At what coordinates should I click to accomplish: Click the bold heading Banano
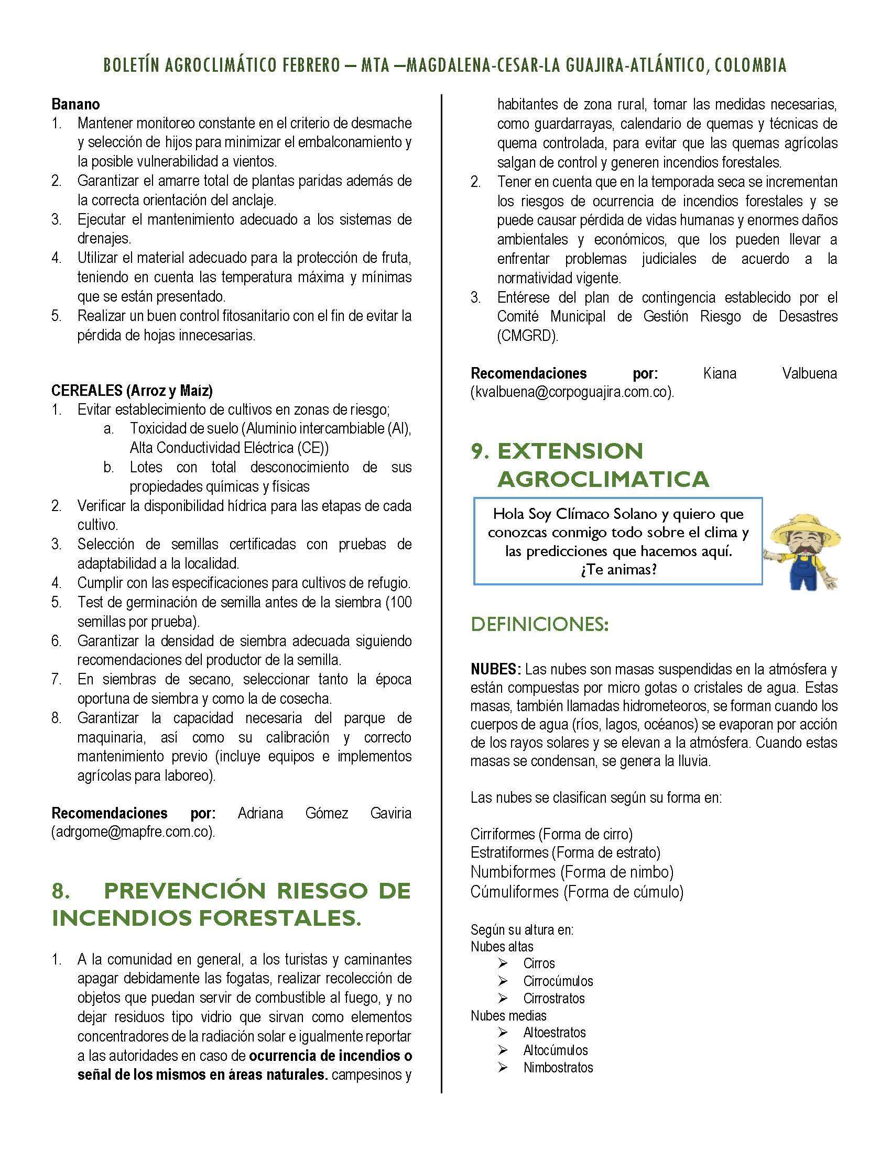tap(75, 104)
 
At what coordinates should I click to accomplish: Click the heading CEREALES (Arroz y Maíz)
tap(132, 390)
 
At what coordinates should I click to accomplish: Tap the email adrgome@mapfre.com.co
tap(133, 832)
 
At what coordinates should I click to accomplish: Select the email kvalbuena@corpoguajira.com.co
tap(572, 392)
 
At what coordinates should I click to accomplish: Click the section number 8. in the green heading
tap(61, 891)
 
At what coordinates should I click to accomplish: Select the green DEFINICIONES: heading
tap(539, 625)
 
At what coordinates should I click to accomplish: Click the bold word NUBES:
tap(496, 669)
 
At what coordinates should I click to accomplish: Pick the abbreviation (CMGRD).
tap(527, 336)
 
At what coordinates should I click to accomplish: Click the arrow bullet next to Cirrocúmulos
tap(503, 981)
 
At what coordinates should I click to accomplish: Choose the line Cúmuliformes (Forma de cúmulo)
tap(577, 891)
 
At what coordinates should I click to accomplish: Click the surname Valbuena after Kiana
tap(809, 373)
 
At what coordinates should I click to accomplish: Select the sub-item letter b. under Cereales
tap(108, 467)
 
